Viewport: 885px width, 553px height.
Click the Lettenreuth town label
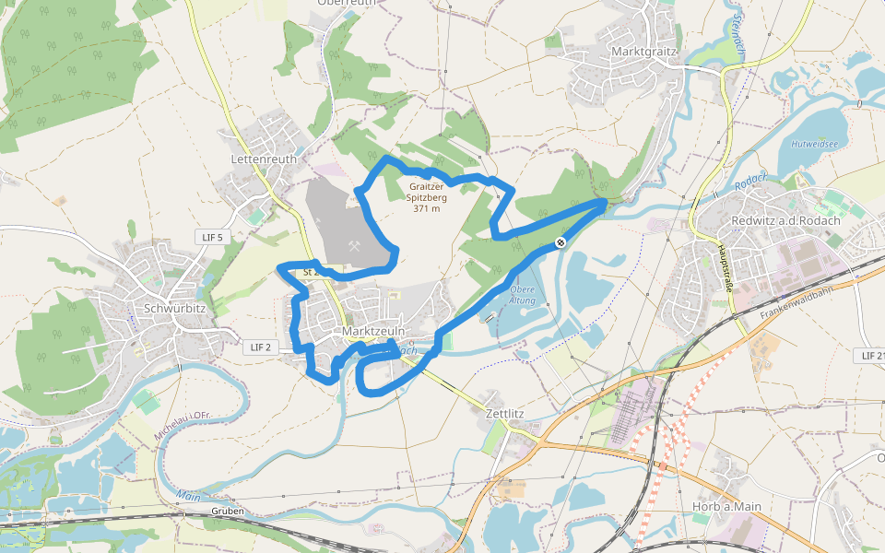pos(264,159)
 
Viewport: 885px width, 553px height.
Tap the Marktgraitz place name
pos(644,52)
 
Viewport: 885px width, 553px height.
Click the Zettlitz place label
pos(504,414)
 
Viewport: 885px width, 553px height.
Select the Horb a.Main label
pos(726,506)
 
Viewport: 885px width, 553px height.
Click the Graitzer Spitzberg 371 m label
pos(427,196)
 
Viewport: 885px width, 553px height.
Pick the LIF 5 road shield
pos(212,237)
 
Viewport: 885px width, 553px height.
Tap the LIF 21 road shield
pos(870,355)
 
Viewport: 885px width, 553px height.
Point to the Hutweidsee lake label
pos(814,144)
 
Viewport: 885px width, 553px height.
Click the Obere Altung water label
pos(522,296)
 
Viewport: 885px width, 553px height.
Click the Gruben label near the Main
pos(227,511)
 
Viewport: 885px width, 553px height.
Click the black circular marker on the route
pos(560,243)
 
